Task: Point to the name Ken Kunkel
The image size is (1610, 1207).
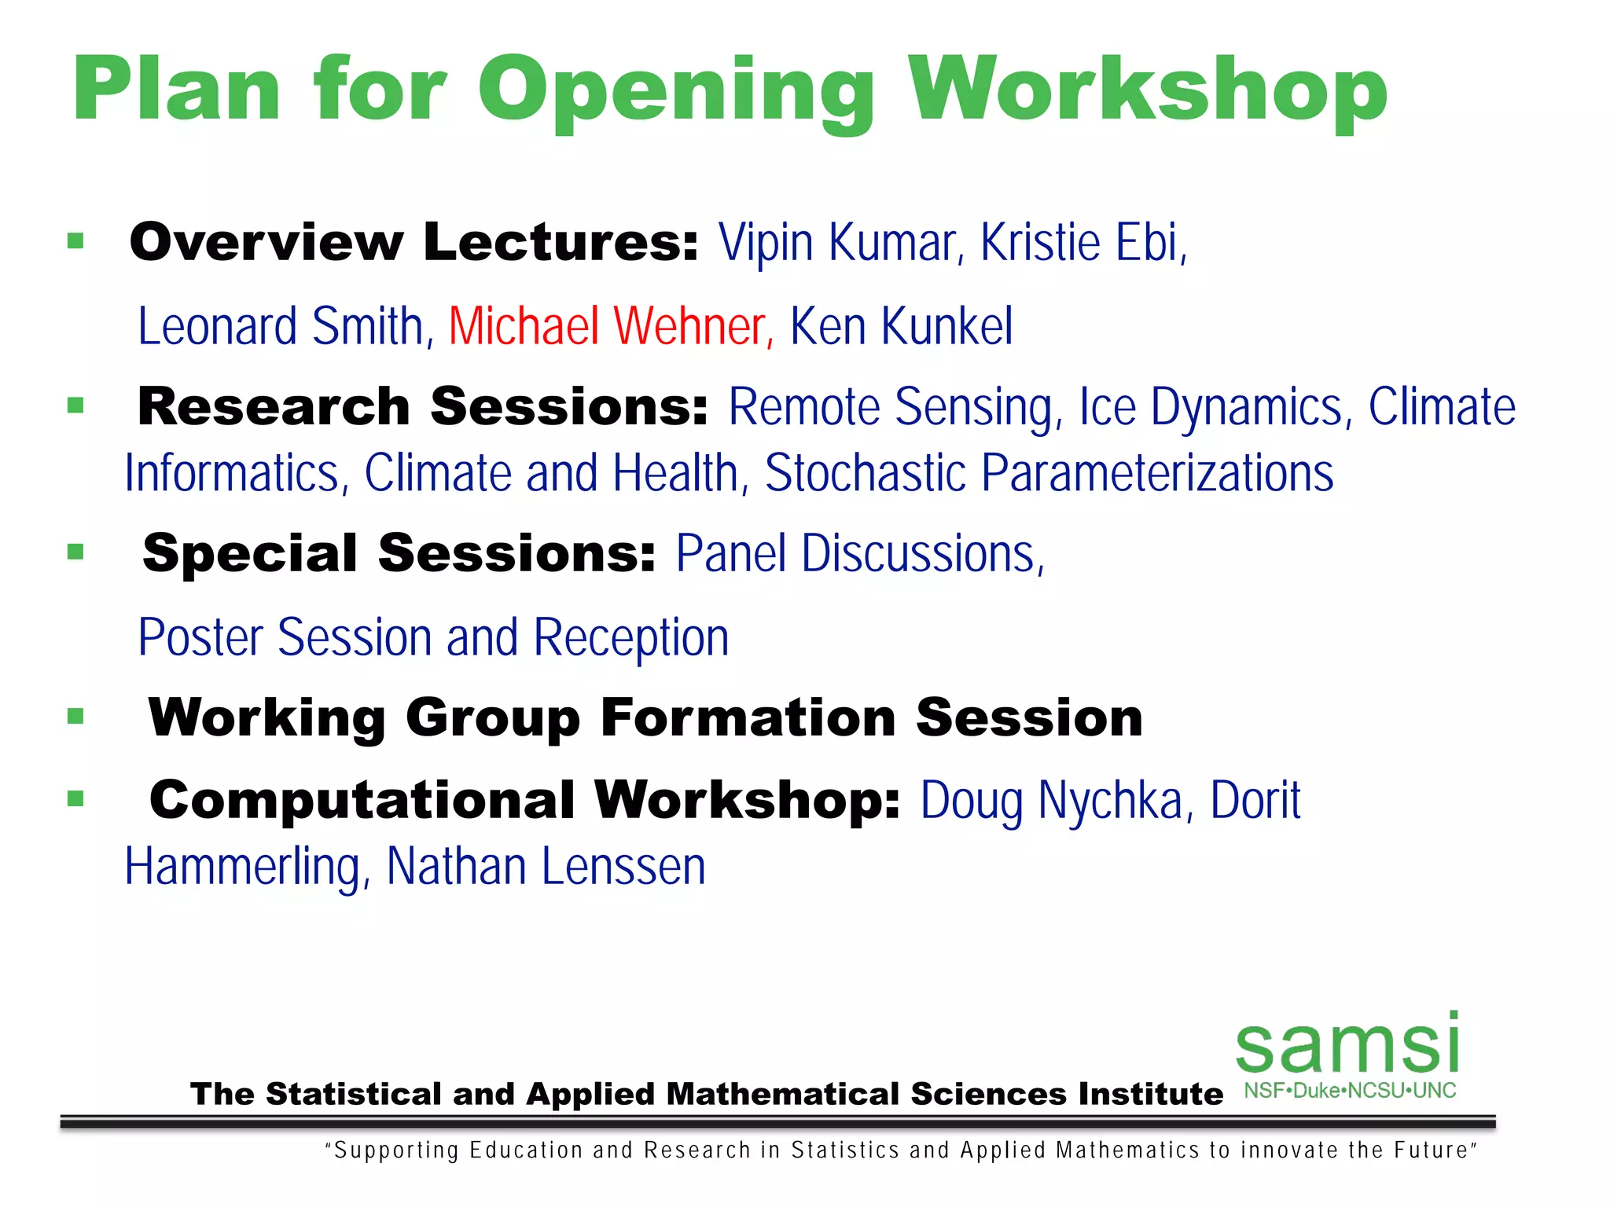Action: coord(901,326)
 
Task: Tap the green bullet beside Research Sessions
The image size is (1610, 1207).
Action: coord(75,405)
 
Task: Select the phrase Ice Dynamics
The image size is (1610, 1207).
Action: coord(1215,407)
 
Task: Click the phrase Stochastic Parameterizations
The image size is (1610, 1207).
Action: coord(1049,473)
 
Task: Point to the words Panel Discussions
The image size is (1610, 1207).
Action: coord(858,554)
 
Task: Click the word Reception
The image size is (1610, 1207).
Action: coord(631,637)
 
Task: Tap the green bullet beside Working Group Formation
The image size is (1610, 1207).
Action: coord(75,716)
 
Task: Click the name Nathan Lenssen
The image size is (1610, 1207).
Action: coord(546,867)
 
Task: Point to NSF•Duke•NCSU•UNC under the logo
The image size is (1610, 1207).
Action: coord(1350,1091)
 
